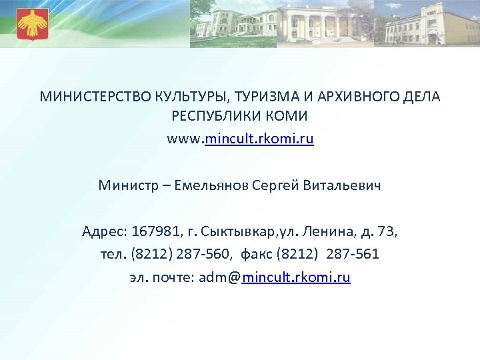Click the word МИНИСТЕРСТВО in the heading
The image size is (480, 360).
[82, 97]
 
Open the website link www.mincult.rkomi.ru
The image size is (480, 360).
[240, 140]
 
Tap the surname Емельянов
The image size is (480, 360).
[211, 185]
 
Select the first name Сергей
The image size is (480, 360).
[277, 185]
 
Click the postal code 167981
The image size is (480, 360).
[155, 232]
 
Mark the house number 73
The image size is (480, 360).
[385, 232]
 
